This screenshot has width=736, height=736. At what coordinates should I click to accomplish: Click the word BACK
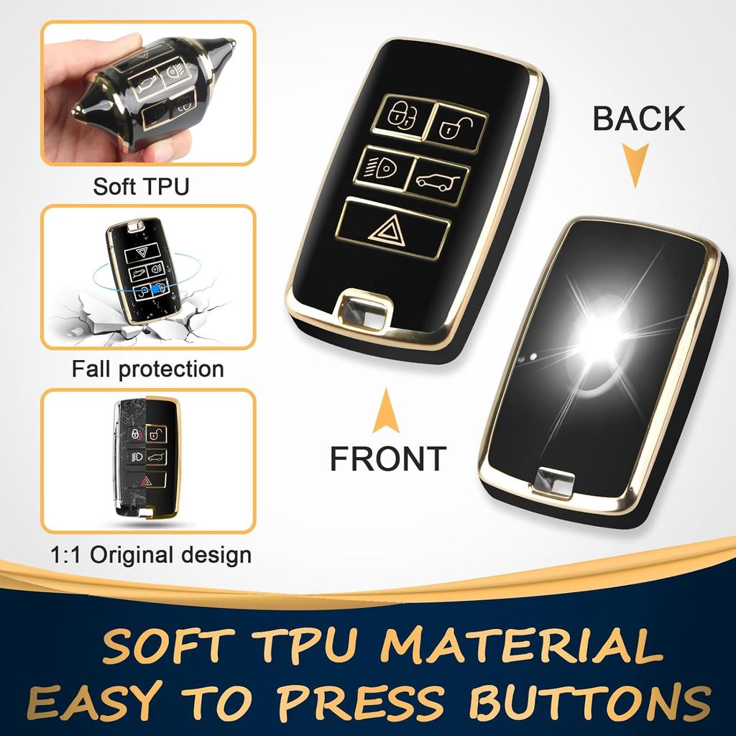pyautogui.click(x=638, y=119)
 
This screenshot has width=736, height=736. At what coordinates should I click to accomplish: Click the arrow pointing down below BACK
pyautogui.click(x=635, y=165)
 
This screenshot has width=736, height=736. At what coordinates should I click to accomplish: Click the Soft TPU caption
pyautogui.click(x=141, y=187)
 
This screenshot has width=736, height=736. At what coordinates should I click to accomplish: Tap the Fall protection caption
pyautogui.click(x=147, y=369)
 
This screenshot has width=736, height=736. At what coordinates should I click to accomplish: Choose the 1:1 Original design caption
pyautogui.click(x=151, y=555)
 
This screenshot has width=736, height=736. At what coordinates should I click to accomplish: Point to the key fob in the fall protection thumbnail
pyautogui.click(x=144, y=272)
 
